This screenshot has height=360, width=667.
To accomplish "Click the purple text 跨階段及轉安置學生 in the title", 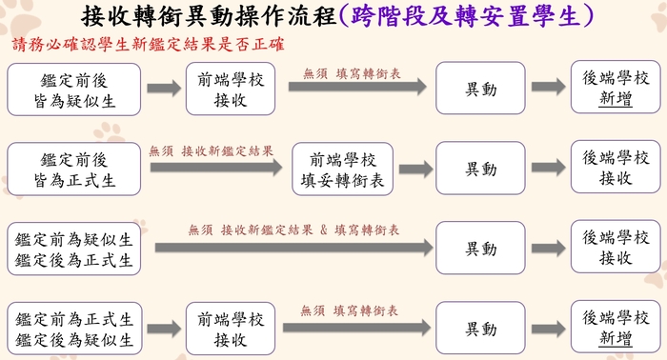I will point(462,16).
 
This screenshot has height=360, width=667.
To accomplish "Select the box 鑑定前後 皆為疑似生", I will point(74,89).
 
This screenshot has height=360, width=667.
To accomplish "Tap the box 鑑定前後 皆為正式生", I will point(74,169).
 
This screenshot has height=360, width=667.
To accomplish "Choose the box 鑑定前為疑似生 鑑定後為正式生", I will point(74,249).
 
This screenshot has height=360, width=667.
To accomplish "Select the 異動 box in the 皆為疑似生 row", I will point(480,89).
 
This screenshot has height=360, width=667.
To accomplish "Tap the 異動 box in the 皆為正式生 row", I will point(480,169).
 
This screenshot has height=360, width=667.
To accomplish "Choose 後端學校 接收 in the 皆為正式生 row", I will point(616,169).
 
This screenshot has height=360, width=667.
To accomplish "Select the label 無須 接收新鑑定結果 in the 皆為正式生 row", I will point(211,150).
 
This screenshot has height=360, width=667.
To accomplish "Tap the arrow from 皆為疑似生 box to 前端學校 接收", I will point(163,89).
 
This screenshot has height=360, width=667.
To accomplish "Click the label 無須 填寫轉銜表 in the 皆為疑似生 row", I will point(352,72).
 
